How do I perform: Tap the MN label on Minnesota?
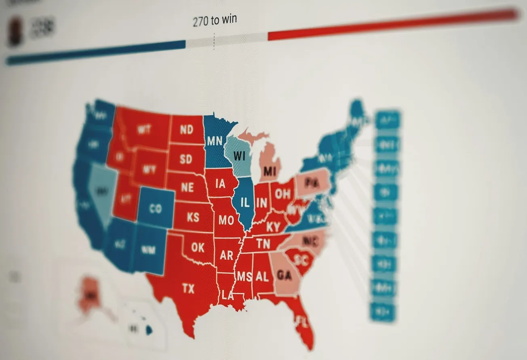(x=214, y=141)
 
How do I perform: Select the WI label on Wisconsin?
(x=240, y=156)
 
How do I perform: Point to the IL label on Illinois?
(x=245, y=203)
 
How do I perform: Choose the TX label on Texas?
(x=188, y=288)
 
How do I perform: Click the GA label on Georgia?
(x=285, y=276)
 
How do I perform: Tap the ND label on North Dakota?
(x=187, y=130)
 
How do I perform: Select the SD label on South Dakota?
(x=186, y=159)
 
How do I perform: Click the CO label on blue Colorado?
(x=155, y=209)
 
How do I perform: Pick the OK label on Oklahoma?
(x=198, y=247)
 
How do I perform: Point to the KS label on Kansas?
(x=193, y=217)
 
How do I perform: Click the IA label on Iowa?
(x=220, y=184)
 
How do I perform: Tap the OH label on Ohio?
(x=282, y=194)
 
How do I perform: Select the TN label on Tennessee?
(x=263, y=244)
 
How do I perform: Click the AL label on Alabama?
(x=262, y=277)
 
